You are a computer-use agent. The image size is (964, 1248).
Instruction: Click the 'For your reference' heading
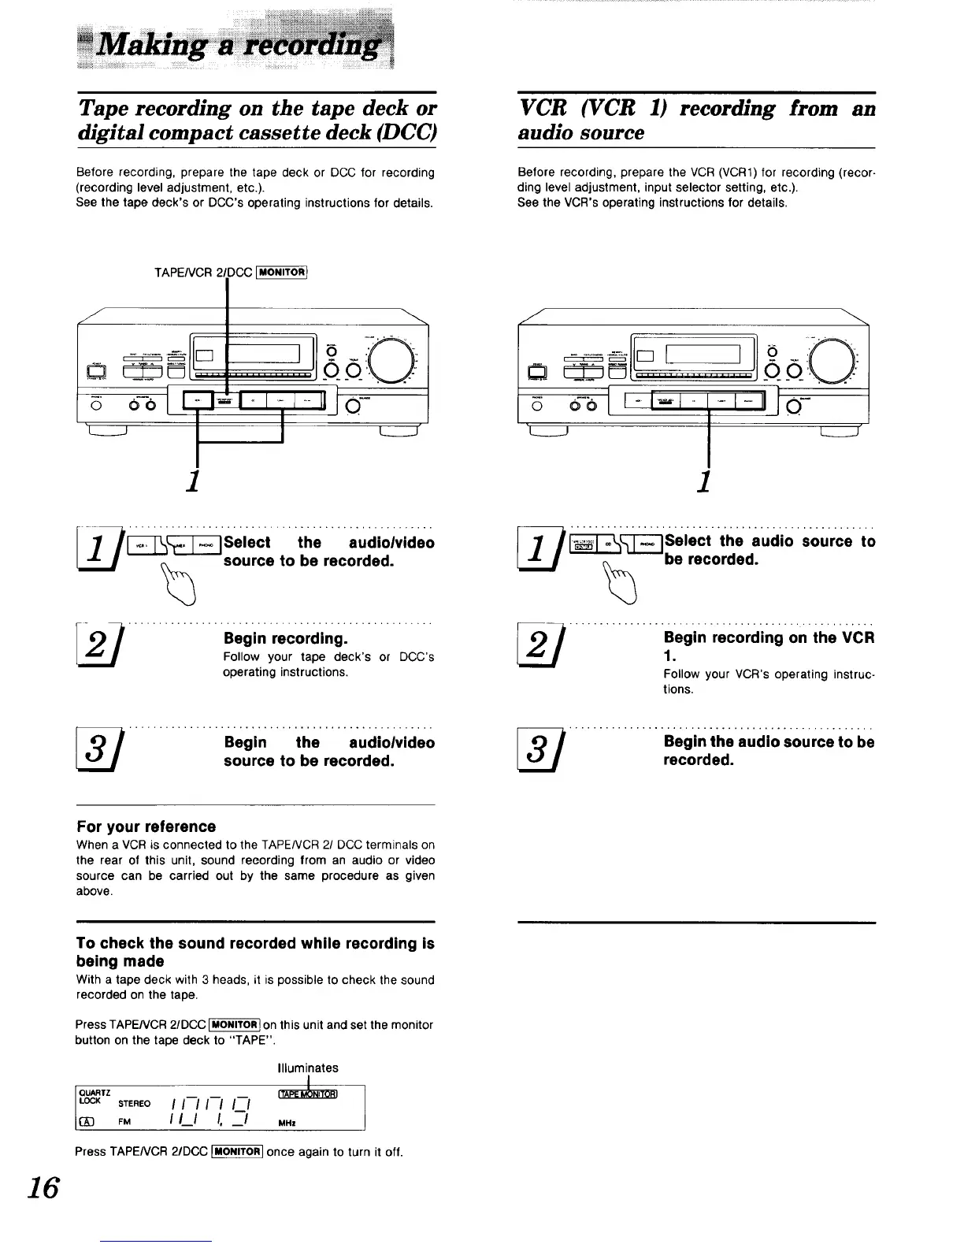[146, 826]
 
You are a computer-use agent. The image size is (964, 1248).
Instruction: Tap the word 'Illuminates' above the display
[308, 1068]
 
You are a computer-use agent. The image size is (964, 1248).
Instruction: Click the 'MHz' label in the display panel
[290, 1123]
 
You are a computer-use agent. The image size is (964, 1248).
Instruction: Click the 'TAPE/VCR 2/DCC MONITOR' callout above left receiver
[229, 273]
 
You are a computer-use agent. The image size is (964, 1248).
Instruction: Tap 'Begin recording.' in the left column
[285, 637]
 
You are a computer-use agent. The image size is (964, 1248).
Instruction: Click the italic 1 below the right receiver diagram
[706, 478]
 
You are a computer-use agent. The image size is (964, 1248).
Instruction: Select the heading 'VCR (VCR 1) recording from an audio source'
[696, 120]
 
